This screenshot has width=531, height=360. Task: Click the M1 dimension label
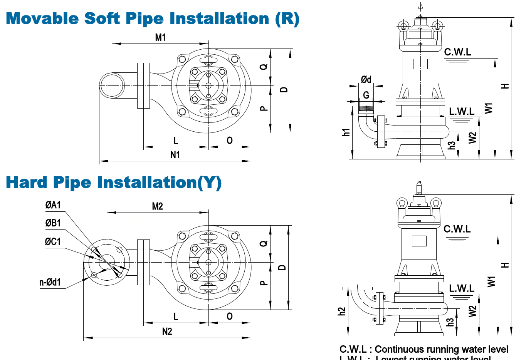point(160,37)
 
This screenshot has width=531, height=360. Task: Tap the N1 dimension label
point(175,155)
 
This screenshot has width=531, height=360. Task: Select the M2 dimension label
point(158,206)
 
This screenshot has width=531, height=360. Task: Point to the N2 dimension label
point(167,332)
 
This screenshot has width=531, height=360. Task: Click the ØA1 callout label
point(53,205)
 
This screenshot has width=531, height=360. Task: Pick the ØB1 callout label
point(53,223)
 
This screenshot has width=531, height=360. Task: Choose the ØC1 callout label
point(53,241)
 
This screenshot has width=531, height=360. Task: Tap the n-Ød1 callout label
point(50,282)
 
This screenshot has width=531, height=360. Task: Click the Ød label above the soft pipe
point(366,79)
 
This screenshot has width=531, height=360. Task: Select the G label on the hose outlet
point(366,95)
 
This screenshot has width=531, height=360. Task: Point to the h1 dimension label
point(346,132)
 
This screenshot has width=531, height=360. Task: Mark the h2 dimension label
point(341,311)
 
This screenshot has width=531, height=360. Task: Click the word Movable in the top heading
point(42,18)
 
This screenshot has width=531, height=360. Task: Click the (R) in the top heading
point(287,19)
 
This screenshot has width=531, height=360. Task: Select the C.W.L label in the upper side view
point(457,52)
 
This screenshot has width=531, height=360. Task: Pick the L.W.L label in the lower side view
point(461,288)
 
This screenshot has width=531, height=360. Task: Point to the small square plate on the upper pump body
point(420,64)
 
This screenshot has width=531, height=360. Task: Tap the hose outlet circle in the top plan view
point(112,85)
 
